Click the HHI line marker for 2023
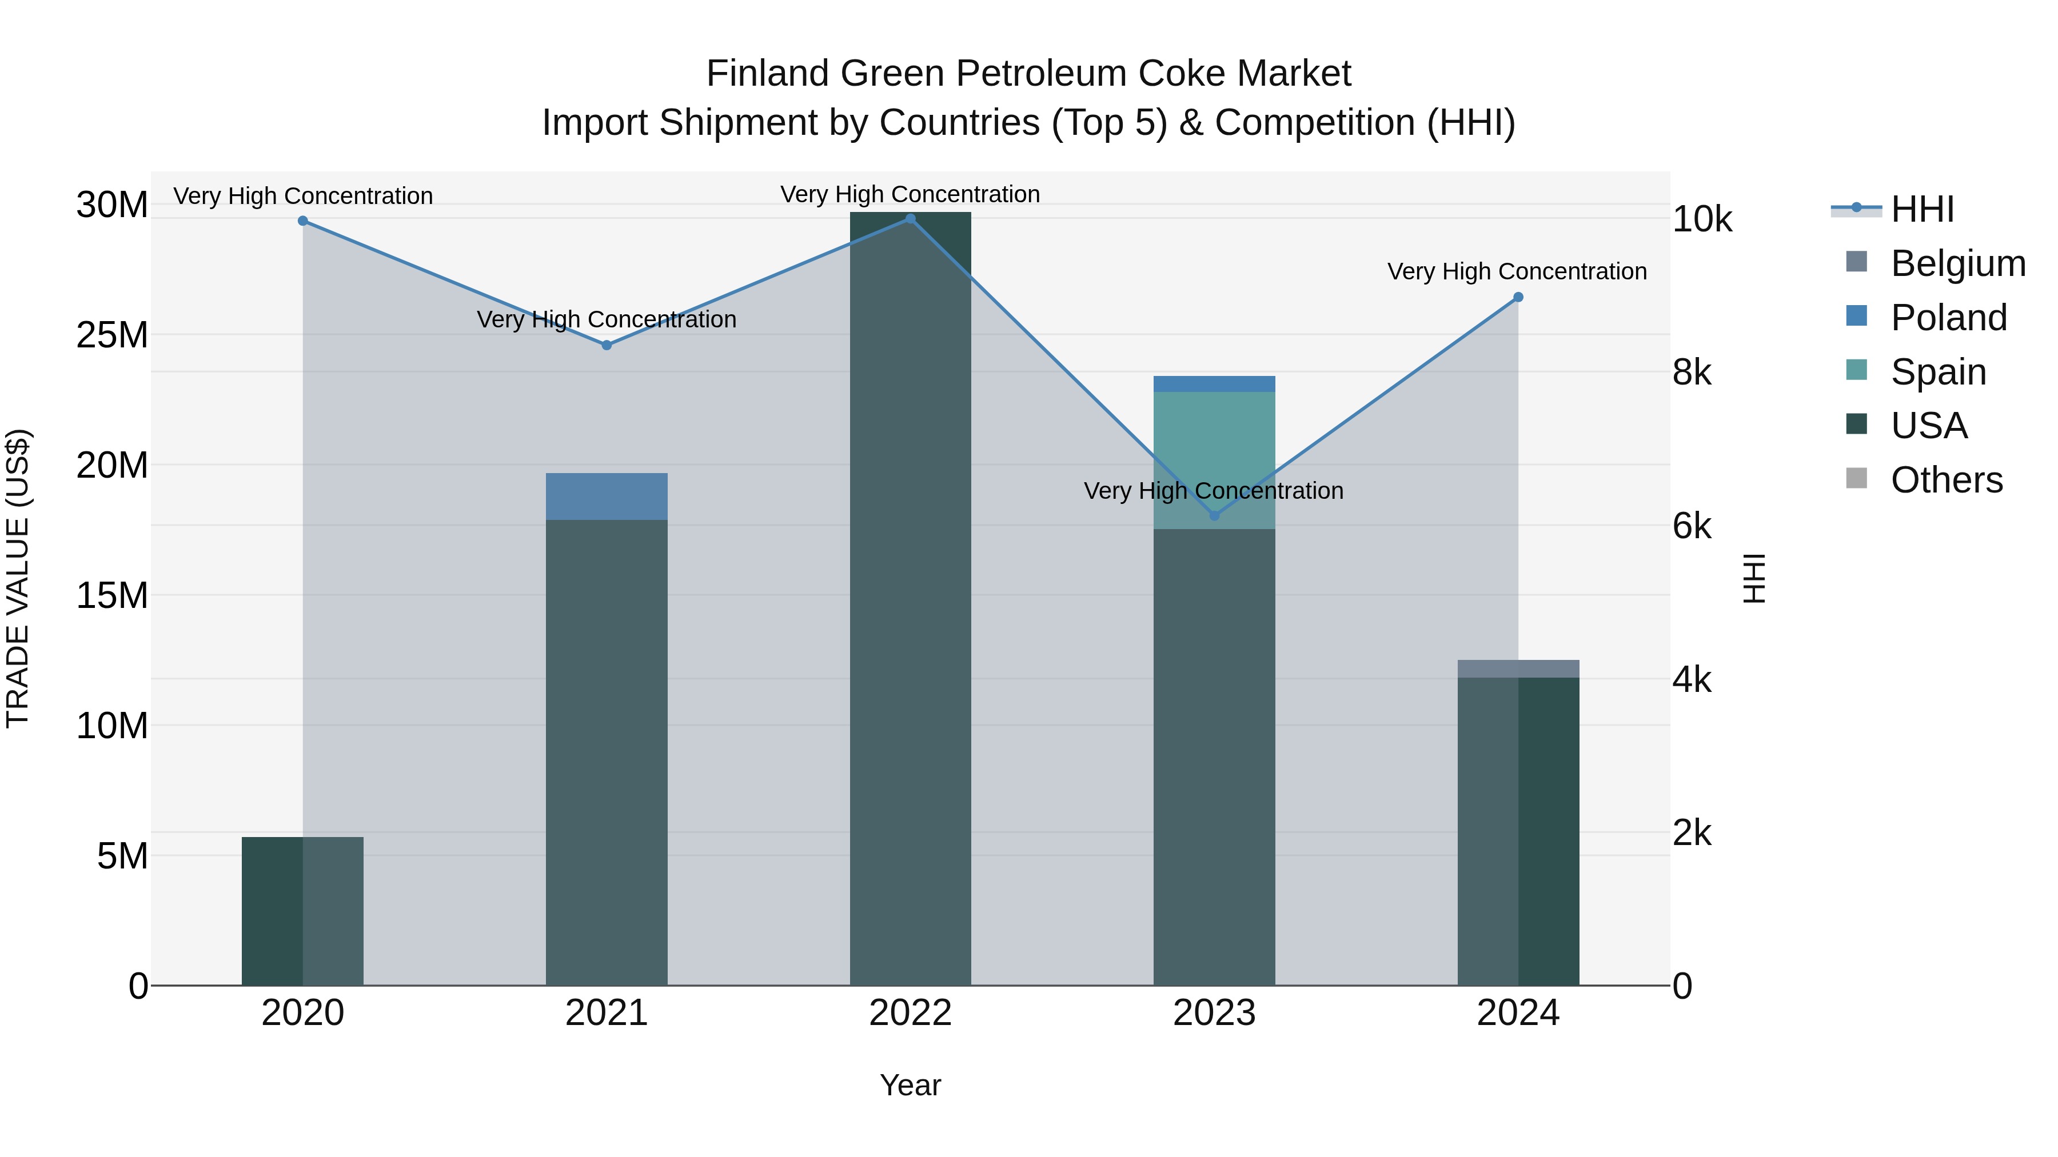1214,516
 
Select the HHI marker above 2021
607,345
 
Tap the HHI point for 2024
1518,297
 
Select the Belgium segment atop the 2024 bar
1518,668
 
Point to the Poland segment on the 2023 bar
1214,383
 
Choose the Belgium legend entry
1957,263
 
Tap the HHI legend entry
1922,209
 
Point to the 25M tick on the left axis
112,335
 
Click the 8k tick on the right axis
1693,373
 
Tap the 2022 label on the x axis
910,1013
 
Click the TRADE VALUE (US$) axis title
18,578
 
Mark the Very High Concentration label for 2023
1213,490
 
